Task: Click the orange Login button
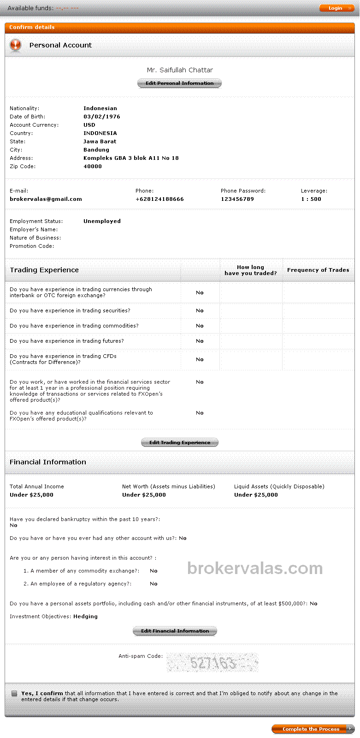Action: click(x=335, y=8)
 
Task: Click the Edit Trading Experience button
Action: click(x=179, y=442)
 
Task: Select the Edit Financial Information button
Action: click(x=175, y=631)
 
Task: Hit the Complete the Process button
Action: click(x=312, y=729)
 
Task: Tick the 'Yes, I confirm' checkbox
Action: click(x=14, y=693)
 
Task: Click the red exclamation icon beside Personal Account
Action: click(x=16, y=45)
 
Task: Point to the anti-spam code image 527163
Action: click(x=212, y=662)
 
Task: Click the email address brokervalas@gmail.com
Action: click(x=46, y=199)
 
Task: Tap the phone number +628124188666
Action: click(x=159, y=199)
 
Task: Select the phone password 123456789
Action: click(x=237, y=199)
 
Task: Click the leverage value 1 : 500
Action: click(x=311, y=199)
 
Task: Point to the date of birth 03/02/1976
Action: click(x=102, y=117)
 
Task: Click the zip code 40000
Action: click(x=93, y=166)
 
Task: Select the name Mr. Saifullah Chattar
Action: click(x=180, y=70)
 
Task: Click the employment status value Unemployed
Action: click(x=102, y=221)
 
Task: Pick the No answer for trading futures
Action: click(x=200, y=341)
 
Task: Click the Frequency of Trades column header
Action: click(x=318, y=270)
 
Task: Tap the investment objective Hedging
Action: click(x=85, y=616)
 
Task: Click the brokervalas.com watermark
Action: click(x=255, y=568)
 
